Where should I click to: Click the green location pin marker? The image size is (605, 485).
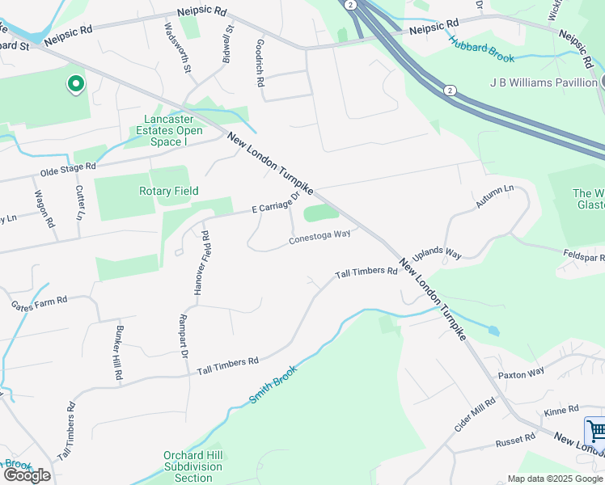75,84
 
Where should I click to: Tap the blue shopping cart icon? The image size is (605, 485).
595,429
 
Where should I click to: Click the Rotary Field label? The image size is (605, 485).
169,191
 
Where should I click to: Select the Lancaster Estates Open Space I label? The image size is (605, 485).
167,130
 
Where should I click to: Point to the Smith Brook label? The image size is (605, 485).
273,384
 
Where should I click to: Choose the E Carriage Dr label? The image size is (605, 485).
276,202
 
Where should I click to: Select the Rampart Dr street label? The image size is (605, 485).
184,336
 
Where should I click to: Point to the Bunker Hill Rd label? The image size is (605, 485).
118,354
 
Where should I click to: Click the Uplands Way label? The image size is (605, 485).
437,254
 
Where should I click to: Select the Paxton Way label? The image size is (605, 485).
522,374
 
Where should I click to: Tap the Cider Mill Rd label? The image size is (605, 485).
474,415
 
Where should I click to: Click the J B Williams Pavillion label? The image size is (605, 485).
543,82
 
